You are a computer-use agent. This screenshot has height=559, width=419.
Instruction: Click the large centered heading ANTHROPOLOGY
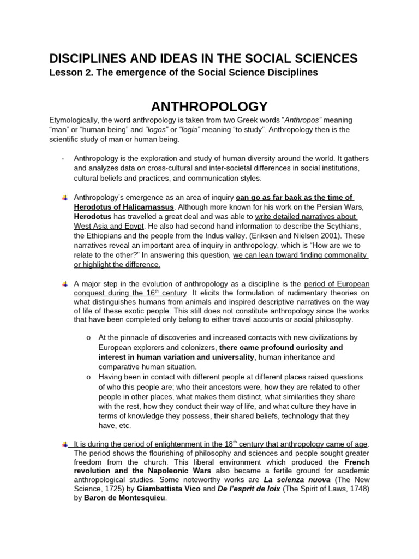click(209, 106)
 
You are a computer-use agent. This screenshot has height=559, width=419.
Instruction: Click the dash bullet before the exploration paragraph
click(64, 158)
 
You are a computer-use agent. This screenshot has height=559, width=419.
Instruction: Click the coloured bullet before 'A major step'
click(64, 284)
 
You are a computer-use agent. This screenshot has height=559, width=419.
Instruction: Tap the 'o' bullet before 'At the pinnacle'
click(88, 338)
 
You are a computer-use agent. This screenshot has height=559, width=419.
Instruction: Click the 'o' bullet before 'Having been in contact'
click(88, 377)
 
